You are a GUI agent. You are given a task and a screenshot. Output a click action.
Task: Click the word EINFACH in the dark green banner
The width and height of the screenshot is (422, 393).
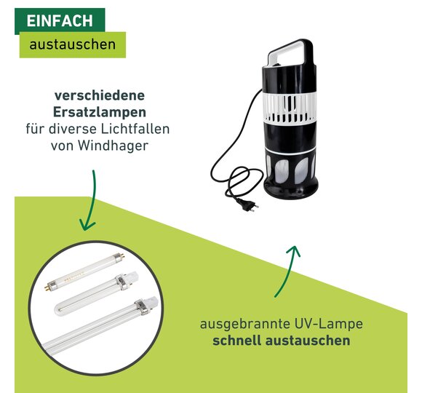(x=60, y=20)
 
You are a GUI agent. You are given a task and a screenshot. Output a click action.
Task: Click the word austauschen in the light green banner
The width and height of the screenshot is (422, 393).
(x=73, y=44)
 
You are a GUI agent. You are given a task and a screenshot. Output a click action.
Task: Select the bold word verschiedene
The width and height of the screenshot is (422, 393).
(x=100, y=95)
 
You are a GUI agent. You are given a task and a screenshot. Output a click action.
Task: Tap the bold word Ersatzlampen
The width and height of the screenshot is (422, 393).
(x=99, y=112)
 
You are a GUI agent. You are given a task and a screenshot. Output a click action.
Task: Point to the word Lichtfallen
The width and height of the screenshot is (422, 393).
(x=135, y=129)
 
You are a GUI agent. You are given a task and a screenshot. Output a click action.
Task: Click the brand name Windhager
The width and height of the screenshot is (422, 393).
(x=114, y=146)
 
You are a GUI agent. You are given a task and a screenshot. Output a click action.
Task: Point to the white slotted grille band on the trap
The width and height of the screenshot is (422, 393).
(x=289, y=108)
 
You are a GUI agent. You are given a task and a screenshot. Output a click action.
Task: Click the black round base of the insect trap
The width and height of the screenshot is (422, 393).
(x=290, y=189)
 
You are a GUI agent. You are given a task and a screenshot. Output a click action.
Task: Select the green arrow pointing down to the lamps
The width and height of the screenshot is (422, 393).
(x=89, y=200)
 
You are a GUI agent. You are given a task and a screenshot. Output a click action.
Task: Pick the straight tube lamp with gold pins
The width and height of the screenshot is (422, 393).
(x=84, y=271)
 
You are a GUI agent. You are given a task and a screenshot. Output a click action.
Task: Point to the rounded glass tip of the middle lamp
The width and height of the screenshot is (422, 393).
(x=60, y=308)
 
